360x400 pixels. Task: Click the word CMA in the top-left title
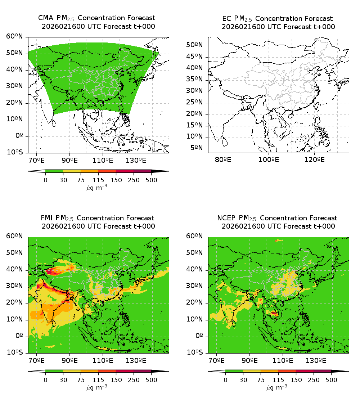click(x=45, y=18)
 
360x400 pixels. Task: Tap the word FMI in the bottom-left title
click(x=47, y=218)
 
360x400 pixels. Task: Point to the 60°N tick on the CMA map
click(x=15, y=36)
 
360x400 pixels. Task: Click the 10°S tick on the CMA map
click(x=15, y=153)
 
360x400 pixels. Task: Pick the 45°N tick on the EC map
click(x=195, y=57)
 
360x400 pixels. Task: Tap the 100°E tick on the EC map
click(x=269, y=159)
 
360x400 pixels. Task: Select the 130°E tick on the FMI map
click(x=136, y=360)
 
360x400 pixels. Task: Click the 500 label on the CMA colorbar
click(x=151, y=180)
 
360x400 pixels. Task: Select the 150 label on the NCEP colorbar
click(x=296, y=379)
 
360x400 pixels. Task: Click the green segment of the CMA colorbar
click(x=54, y=171)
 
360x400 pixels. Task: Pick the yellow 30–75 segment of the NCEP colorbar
click(x=252, y=371)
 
